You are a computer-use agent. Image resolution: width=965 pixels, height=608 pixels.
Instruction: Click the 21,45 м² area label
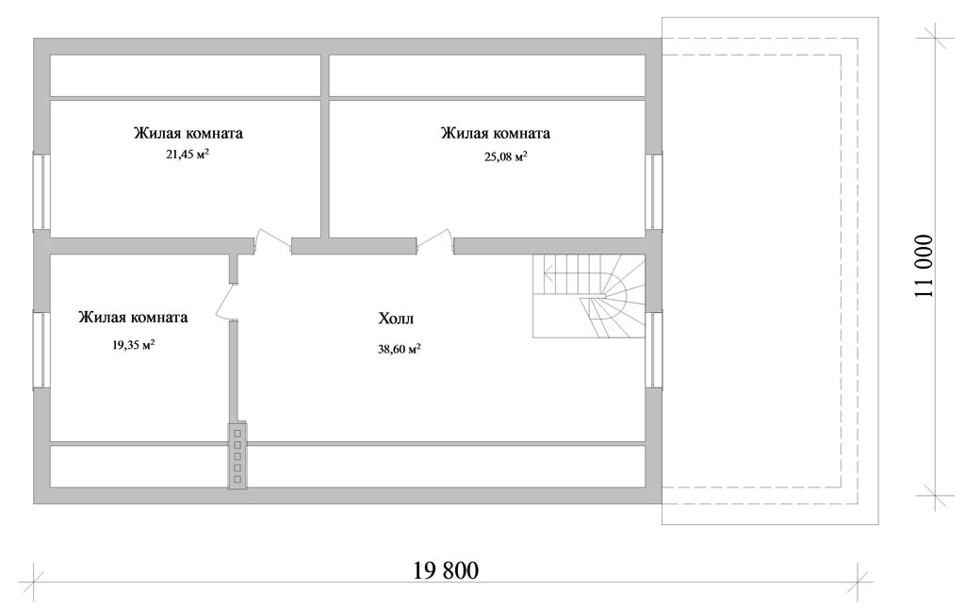(x=188, y=155)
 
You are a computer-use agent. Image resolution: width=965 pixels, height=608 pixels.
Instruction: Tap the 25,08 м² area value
(x=506, y=156)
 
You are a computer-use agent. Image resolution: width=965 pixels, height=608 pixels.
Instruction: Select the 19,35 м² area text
(x=133, y=345)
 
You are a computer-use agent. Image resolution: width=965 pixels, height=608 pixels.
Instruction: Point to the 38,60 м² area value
(x=399, y=350)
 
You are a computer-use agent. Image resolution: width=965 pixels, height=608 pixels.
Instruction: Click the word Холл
(x=397, y=319)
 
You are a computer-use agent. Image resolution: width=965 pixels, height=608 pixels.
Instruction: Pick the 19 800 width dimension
(x=446, y=570)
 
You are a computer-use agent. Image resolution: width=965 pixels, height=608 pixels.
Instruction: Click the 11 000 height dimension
(x=924, y=266)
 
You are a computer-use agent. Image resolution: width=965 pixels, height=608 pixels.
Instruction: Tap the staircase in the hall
(x=588, y=297)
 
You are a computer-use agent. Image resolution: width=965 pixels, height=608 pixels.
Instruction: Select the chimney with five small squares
(x=237, y=456)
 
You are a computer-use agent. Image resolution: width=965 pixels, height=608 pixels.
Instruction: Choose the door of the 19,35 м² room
(x=226, y=302)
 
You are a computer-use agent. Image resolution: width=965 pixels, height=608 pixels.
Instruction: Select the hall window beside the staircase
(x=653, y=350)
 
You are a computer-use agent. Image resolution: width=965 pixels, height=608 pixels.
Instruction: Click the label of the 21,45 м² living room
(x=188, y=133)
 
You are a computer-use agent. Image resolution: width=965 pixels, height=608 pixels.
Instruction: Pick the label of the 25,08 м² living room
(x=496, y=133)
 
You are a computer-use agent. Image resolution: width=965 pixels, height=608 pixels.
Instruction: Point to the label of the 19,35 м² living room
(x=133, y=318)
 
